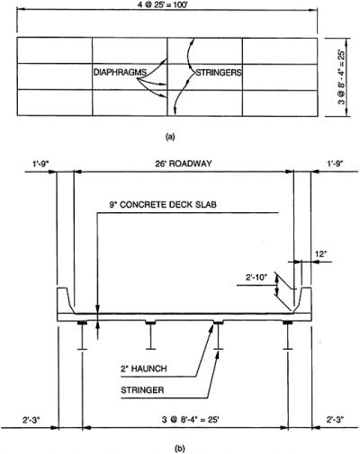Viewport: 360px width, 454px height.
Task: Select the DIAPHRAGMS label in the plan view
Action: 120,72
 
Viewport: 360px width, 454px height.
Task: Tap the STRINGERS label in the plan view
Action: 219,72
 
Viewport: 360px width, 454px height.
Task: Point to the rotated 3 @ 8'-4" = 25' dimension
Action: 341,76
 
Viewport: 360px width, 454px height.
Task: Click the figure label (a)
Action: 170,137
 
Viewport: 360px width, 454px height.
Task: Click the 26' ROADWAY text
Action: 184,164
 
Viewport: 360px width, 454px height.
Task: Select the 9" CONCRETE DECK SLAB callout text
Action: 163,204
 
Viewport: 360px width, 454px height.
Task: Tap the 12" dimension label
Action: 320,254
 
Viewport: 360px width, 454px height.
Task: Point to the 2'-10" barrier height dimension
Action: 256,278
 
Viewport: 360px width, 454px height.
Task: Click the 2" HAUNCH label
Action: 144,369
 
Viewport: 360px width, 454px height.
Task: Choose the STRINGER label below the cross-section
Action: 142,390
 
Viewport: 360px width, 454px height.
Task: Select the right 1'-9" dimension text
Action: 335,164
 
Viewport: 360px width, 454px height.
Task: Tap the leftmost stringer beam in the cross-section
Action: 82,335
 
